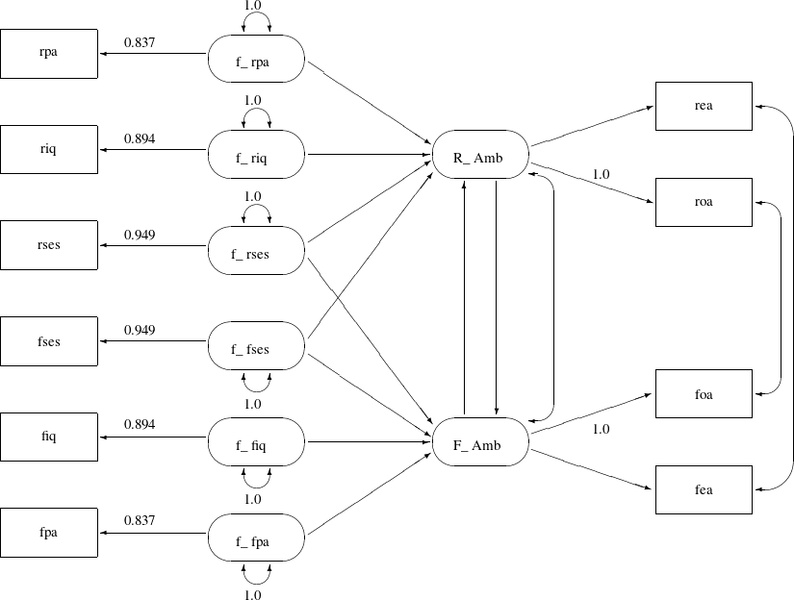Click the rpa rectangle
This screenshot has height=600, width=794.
tap(49, 53)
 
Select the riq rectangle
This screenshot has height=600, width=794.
tap(49, 149)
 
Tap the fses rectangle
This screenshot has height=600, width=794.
tap(49, 340)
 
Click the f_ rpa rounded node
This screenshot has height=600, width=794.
tap(256, 62)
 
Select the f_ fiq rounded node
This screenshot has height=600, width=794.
tap(256, 445)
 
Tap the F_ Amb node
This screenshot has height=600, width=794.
tap(478, 445)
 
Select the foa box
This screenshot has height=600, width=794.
tap(704, 393)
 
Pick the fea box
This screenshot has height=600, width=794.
tap(704, 489)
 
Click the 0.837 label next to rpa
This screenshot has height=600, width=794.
tap(140, 42)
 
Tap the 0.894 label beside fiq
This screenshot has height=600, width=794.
tap(140, 425)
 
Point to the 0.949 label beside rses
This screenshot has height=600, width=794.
tap(140, 234)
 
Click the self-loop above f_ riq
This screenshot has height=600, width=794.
tap(256, 114)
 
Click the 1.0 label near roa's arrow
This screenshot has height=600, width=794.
tap(601, 174)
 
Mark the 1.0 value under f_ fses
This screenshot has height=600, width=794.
tap(253, 404)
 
